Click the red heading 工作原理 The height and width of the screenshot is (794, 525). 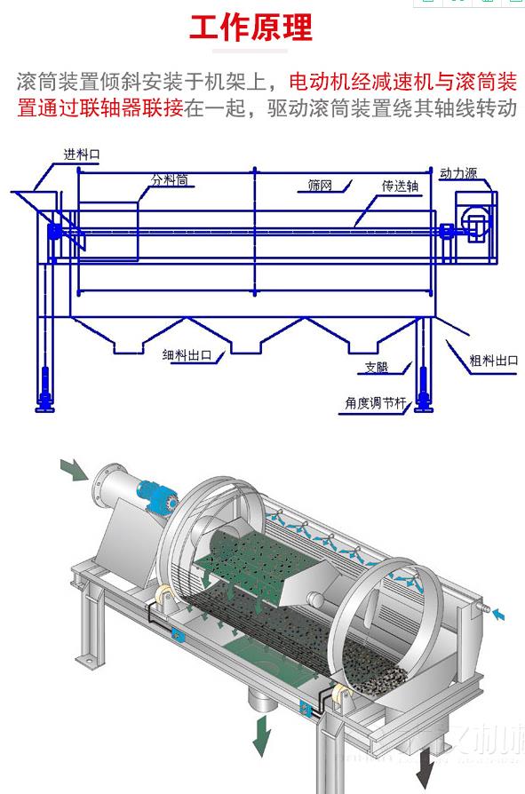tap(251, 28)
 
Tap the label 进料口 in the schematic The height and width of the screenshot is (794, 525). tap(81, 154)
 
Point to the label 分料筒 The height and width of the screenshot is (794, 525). tap(169, 180)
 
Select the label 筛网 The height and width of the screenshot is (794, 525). tap(320, 186)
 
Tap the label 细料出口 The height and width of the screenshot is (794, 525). tap(187, 355)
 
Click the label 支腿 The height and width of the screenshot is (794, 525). tap(376, 367)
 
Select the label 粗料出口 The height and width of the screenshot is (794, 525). tap(493, 361)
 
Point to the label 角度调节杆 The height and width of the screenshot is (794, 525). tap(375, 402)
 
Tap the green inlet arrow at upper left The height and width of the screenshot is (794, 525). tap(74, 470)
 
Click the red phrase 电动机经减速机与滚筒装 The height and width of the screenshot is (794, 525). tap(403, 83)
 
